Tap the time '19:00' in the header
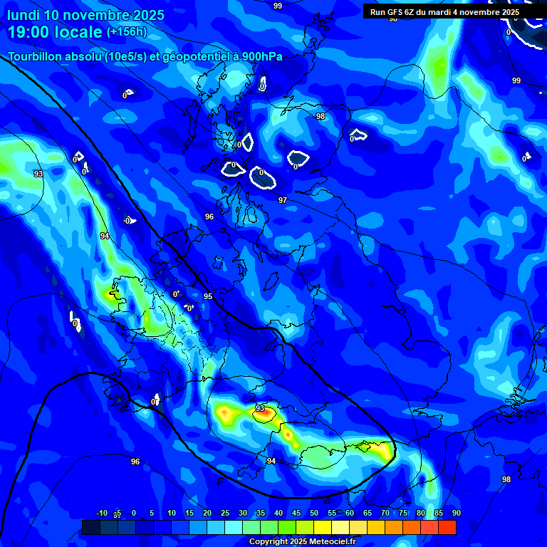click(x=32, y=32)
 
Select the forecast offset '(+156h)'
click(x=126, y=32)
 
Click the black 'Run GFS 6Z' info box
click(x=444, y=12)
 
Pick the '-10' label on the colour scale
click(x=101, y=513)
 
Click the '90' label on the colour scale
click(x=456, y=513)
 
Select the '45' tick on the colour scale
click(x=296, y=513)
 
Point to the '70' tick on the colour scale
click(x=385, y=513)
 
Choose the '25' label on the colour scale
click(x=224, y=513)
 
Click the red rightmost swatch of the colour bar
click(x=447, y=527)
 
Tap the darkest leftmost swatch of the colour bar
click(x=90, y=527)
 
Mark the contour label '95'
click(x=208, y=296)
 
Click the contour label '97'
click(x=283, y=200)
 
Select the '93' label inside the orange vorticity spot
click(x=260, y=408)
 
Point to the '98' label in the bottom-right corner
click(x=506, y=479)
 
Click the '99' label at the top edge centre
click(x=278, y=6)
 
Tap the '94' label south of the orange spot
click(x=271, y=462)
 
